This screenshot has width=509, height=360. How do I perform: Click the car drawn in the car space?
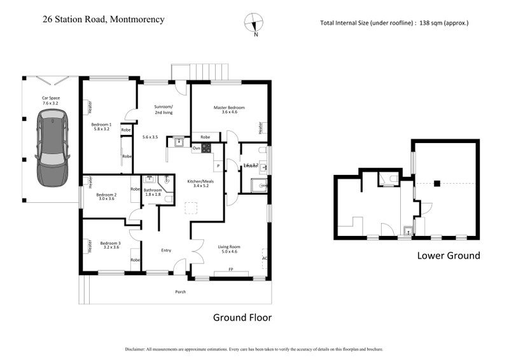click(52, 148)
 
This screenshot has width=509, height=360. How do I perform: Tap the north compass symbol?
click(254, 22)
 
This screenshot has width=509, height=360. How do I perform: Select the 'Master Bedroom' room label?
click(229, 107)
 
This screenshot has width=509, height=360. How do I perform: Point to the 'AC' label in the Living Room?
click(265, 258)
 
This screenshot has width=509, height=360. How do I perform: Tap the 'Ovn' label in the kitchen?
click(197, 148)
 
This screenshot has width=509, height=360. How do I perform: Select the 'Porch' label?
click(182, 293)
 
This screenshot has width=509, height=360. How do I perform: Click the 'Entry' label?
click(166, 250)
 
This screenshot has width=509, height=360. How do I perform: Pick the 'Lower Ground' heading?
click(448, 256)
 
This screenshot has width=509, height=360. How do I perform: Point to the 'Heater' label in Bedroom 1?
click(90, 104)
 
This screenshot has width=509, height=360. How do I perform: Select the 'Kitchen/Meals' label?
click(199, 181)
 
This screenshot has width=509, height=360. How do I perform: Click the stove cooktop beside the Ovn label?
click(206, 148)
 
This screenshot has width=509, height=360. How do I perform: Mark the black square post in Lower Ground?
click(437, 184)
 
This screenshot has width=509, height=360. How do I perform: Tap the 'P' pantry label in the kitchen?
click(218, 165)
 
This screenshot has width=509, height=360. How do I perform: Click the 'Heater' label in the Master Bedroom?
click(260, 128)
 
